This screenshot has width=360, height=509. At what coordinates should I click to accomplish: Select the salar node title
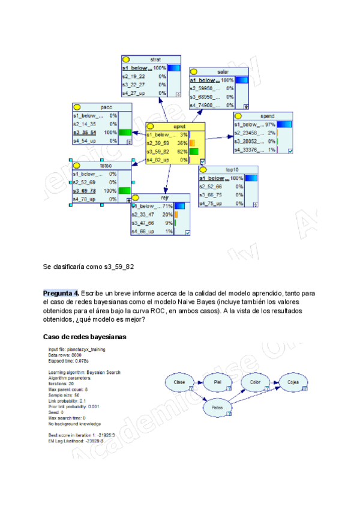coord(223,71)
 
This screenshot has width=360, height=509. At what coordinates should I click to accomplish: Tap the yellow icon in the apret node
coord(151,126)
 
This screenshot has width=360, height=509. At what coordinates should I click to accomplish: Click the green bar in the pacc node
coord(125,132)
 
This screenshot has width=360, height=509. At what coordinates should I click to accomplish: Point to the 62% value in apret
coord(182,152)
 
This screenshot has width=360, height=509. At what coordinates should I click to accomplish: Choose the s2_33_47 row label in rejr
coord(144,214)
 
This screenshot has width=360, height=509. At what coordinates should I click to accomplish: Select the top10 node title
coord(232,170)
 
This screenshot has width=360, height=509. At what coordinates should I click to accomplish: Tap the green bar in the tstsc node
coord(125,190)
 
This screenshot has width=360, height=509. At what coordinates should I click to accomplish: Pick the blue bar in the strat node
coord(174,68)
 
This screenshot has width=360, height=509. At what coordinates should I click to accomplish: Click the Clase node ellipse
coord(179,382)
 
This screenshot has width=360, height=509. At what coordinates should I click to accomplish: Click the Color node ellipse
coord(256,381)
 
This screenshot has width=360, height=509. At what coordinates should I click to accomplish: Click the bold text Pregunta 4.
coord(61,293)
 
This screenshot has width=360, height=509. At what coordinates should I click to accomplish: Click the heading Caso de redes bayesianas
coord(85,337)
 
